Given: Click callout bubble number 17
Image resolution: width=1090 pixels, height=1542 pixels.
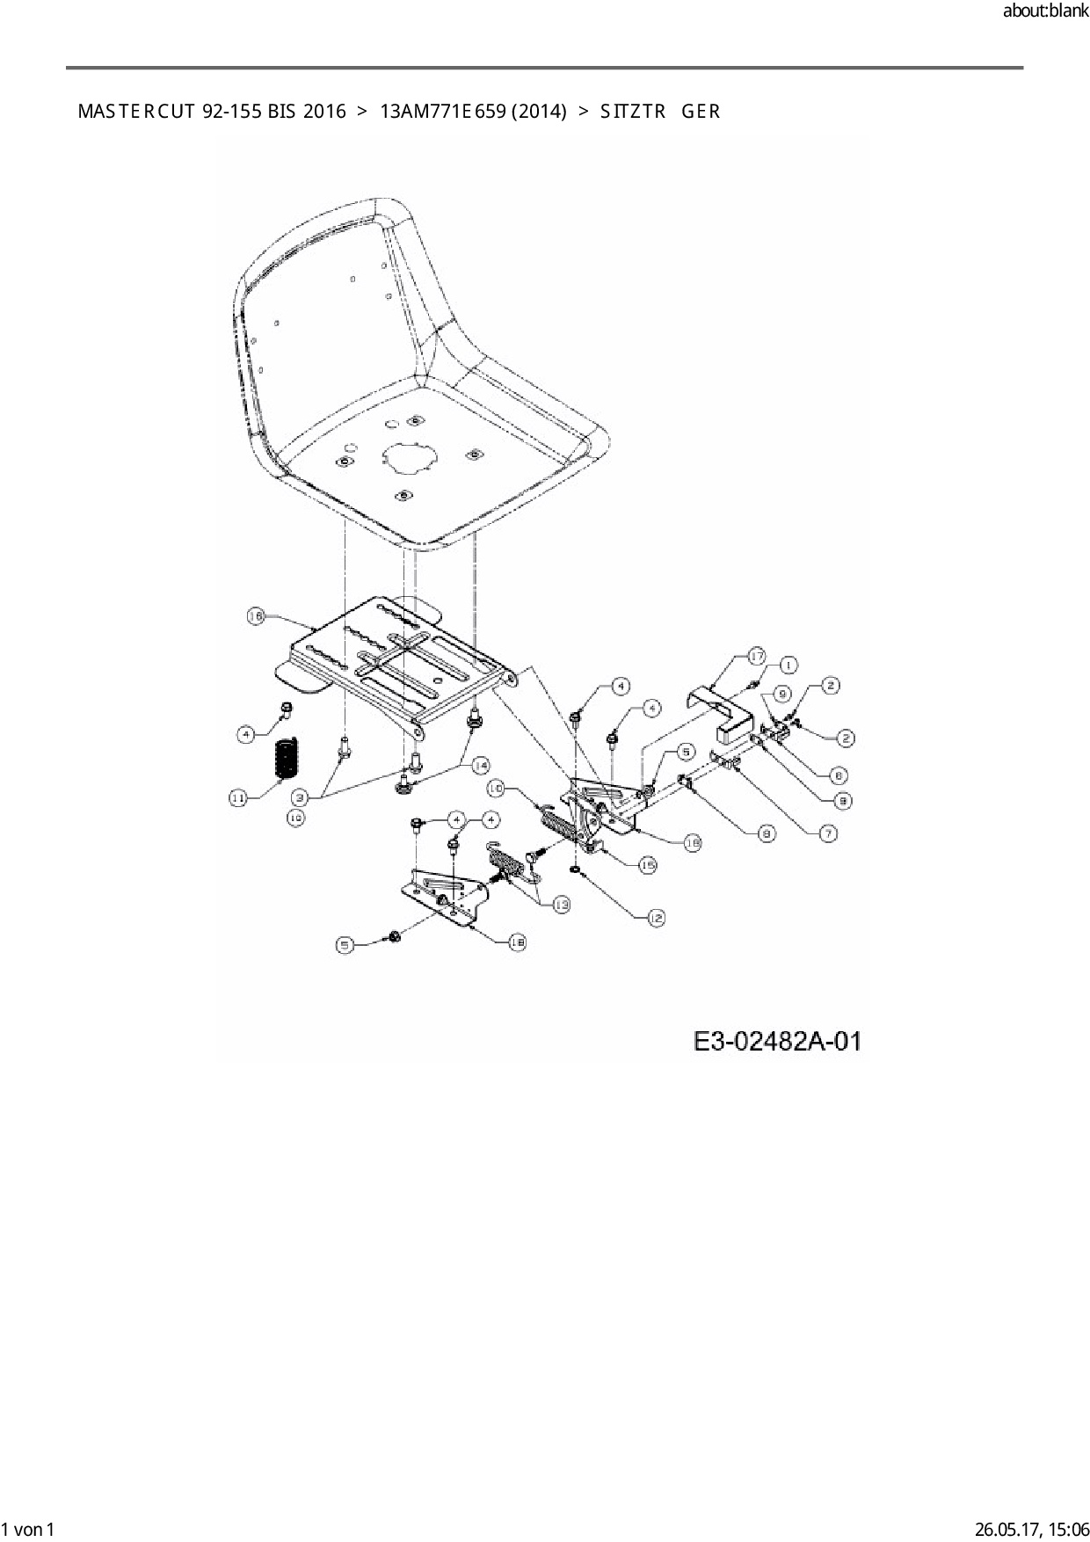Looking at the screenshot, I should tap(757, 656).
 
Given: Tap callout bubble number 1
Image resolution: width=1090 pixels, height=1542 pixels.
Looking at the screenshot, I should tap(788, 666).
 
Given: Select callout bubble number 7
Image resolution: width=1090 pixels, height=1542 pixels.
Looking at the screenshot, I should tap(828, 833).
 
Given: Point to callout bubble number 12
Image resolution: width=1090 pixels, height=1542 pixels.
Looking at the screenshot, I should tap(656, 918).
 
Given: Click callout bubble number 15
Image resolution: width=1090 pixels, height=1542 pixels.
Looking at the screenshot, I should tap(647, 865).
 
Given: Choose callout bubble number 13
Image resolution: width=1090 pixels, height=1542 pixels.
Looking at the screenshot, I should tap(560, 904).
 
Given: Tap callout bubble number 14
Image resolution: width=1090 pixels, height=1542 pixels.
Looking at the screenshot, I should tap(481, 766).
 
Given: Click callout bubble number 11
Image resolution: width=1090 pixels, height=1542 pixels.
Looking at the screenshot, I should tap(238, 797).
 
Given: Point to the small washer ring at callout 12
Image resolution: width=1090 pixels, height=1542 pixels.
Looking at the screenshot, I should tap(574, 870).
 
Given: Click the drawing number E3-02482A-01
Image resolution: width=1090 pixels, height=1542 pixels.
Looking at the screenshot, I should tap(777, 1043).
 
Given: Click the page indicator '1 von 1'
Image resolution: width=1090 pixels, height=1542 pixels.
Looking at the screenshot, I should tap(28, 1529).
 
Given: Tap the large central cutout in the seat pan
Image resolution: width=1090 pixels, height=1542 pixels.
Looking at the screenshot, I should tap(410, 455).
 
